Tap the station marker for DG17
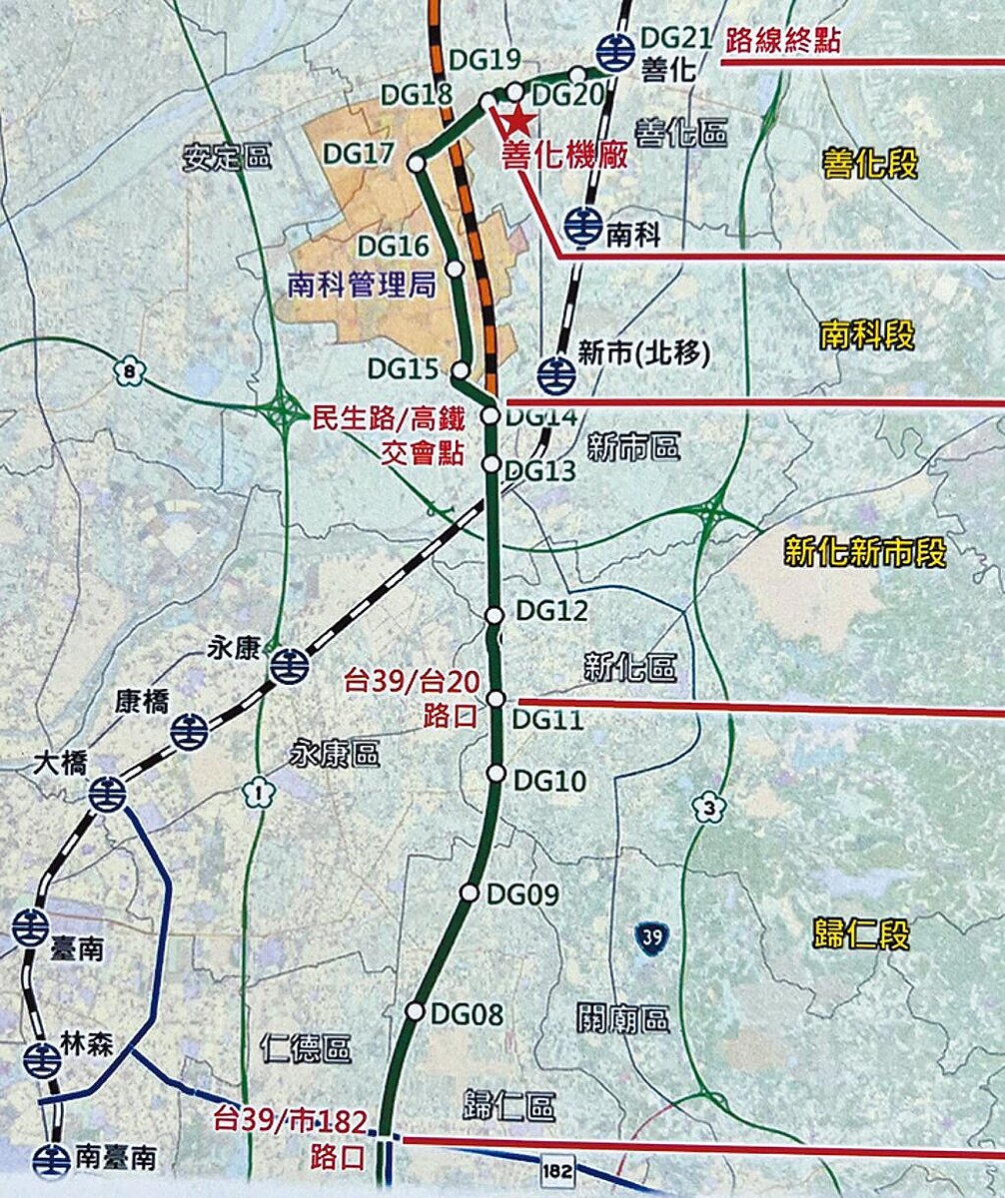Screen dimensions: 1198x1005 (x=417, y=162)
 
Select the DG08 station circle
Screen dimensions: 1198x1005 (x=415, y=1011)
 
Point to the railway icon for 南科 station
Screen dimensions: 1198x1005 (x=580, y=227)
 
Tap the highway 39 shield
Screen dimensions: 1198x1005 (x=650, y=937)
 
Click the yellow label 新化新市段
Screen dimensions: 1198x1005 (x=865, y=551)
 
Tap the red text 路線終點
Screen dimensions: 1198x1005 (x=784, y=41)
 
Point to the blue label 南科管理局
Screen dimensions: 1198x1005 (x=362, y=288)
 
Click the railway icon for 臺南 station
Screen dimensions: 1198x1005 (x=30, y=927)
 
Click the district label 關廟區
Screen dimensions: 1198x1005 (x=622, y=1019)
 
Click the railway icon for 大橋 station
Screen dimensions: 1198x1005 (x=107, y=794)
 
